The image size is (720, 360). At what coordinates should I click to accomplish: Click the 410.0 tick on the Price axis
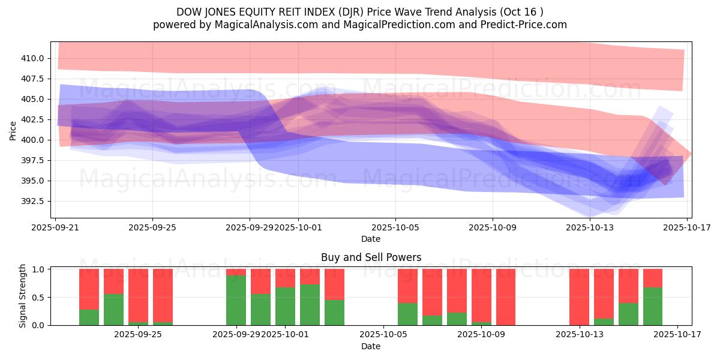pyautogui.click(x=34, y=58)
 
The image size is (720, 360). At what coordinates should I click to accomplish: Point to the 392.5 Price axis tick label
pyautogui.click(x=34, y=201)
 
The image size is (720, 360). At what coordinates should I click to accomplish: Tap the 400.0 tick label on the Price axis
pyautogui.click(x=34, y=140)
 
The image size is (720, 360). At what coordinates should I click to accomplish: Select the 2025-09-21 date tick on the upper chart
pyautogui.click(x=55, y=228)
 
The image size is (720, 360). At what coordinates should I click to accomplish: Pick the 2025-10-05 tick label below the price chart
pyautogui.click(x=395, y=228)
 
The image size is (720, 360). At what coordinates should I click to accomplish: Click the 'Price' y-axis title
pyautogui.click(x=13, y=130)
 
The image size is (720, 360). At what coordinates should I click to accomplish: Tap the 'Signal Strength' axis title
pyautogui.click(x=23, y=296)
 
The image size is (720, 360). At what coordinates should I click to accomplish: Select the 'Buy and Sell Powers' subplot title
pyautogui.click(x=371, y=257)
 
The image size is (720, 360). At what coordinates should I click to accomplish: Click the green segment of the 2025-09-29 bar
pyautogui.click(x=236, y=300)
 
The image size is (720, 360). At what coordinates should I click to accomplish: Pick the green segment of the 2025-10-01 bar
pyautogui.click(x=285, y=306)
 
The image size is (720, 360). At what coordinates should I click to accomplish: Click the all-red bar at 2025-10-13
pyautogui.click(x=579, y=297)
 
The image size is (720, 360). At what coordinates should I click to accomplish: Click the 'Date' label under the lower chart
pyautogui.click(x=371, y=346)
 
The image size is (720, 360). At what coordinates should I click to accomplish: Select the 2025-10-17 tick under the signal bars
pyautogui.click(x=677, y=335)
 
